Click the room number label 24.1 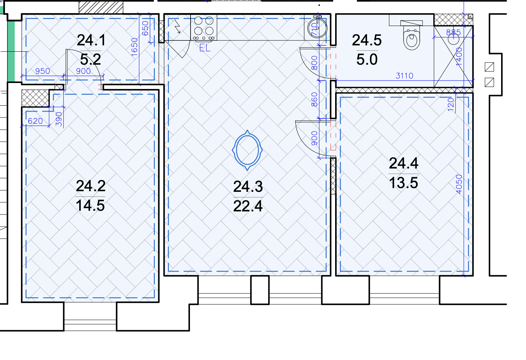pyautogui.click(x=91, y=40)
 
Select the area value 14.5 pyautogui.click(x=90, y=205)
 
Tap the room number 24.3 pyautogui.click(x=248, y=187)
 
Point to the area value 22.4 pyautogui.click(x=248, y=206)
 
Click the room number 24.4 pyautogui.click(x=404, y=163)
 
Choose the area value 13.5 pyautogui.click(x=404, y=183)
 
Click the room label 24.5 pyautogui.click(x=367, y=40)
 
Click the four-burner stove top pyautogui.click(x=204, y=28)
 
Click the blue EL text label pyautogui.click(x=205, y=48)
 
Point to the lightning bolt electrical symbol pyautogui.click(x=178, y=26)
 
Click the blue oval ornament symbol pyautogui.click(x=247, y=150)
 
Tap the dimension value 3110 pyautogui.click(x=404, y=76)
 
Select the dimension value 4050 pyautogui.click(x=459, y=184)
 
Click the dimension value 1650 pyautogui.click(x=134, y=47)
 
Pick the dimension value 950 pyautogui.click(x=43, y=71)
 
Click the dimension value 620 pyautogui.click(x=35, y=121)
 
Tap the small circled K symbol pyautogui.click(x=470, y=16)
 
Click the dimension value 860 pyautogui.click(x=314, y=99)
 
